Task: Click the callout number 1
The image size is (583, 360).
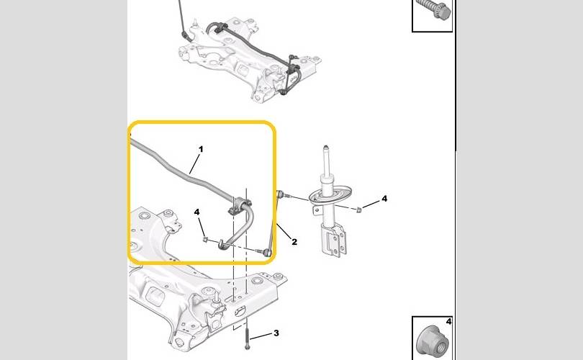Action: point(201,149)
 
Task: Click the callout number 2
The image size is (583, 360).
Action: point(294,242)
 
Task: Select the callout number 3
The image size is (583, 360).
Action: point(276,333)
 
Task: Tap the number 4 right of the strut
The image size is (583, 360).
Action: point(384,198)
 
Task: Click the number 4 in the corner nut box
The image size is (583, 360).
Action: point(448,323)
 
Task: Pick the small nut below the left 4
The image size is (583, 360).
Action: point(206,238)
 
